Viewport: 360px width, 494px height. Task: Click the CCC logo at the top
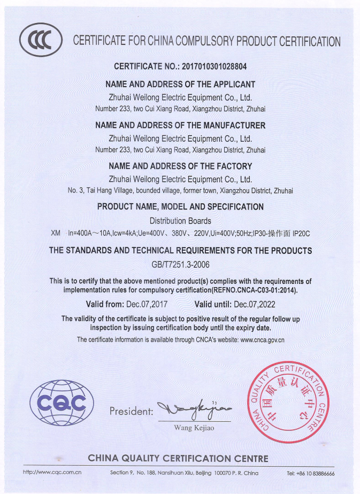tap(40, 40)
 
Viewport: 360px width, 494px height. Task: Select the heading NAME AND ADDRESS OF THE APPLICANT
tap(180, 84)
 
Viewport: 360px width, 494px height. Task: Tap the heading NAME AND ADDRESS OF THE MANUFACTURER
tap(180, 126)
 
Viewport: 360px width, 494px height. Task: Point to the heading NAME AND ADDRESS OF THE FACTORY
tap(180, 166)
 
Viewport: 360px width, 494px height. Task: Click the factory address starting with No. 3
tap(180, 190)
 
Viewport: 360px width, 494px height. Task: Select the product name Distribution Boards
tap(180, 221)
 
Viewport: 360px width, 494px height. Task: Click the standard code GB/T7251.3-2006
tap(180, 264)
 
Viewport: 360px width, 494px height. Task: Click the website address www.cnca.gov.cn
tap(262, 339)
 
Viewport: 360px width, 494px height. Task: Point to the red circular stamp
tap(288, 402)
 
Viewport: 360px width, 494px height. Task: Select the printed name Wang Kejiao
tap(194, 428)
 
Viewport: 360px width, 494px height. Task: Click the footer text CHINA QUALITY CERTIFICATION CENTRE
tap(178, 459)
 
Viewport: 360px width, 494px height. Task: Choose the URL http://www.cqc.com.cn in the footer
tap(52, 473)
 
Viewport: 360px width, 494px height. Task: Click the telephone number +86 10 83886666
tap(310, 474)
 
